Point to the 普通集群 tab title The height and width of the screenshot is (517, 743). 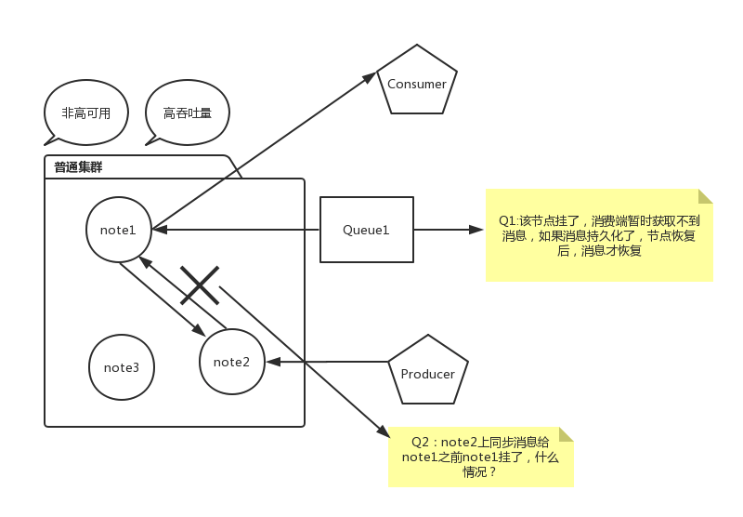[78, 167]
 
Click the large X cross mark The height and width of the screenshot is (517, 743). [200, 285]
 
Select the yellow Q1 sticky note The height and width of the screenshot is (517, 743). [599, 235]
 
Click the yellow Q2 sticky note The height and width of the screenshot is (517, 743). [481, 457]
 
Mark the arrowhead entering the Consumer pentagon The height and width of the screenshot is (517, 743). [370, 78]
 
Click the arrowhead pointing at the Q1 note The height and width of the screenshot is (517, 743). [476, 230]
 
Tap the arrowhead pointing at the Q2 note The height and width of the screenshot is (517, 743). [384, 431]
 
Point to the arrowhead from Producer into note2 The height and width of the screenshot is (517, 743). [273, 362]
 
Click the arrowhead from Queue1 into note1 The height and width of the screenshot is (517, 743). [160, 230]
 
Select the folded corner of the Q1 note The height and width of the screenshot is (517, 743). [706, 196]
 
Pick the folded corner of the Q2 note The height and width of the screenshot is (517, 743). [567, 434]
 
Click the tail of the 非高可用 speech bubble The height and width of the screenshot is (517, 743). [51, 140]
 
